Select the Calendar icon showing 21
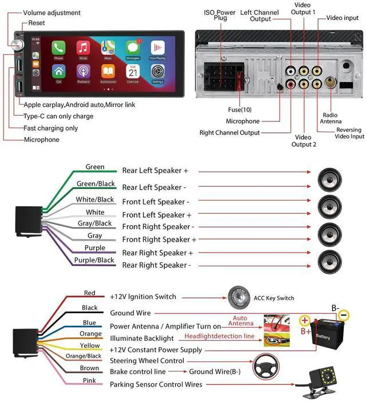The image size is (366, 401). click(133, 72)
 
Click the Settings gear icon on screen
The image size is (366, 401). click(158, 72)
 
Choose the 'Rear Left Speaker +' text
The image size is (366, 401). click(155, 171)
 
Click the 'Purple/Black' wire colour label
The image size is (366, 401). click(94, 260)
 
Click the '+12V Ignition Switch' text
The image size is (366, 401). click(143, 297)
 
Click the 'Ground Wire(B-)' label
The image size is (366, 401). click(215, 372)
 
